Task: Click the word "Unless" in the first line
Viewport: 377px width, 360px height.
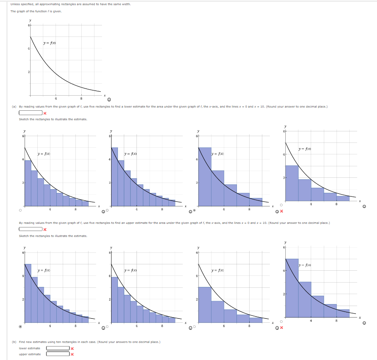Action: point(15,4)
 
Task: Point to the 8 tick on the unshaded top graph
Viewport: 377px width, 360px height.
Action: point(81,98)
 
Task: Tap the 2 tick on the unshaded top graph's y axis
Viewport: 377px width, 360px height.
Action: point(28,72)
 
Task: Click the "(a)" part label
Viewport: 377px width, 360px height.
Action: point(14,106)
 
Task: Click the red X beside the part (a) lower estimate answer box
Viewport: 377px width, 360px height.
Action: point(45,113)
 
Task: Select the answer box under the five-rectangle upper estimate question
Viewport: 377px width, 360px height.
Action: point(31,229)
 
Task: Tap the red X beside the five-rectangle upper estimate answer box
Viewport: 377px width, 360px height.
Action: point(45,229)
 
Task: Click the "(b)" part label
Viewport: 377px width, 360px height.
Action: point(14,342)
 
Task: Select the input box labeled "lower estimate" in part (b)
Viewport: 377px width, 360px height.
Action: point(58,348)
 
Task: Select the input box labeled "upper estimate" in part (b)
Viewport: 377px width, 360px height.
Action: point(58,354)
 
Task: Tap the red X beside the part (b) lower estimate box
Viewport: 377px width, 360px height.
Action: point(72,348)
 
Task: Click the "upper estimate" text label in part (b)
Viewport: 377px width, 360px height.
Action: point(30,354)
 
